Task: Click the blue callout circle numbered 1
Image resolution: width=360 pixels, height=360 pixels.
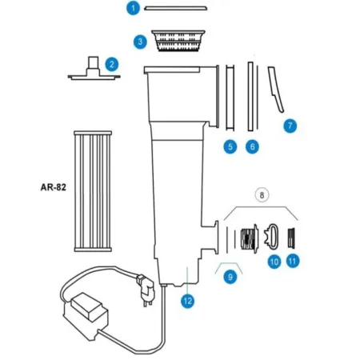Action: (x=134, y=9)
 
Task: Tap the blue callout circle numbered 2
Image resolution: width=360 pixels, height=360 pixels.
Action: (x=113, y=63)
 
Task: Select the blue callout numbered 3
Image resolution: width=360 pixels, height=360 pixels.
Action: (x=139, y=41)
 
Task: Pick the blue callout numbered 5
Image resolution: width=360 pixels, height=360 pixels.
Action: (x=230, y=146)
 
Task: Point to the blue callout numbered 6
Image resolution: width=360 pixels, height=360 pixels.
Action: (x=253, y=146)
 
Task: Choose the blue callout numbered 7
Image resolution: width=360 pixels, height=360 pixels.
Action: (x=290, y=126)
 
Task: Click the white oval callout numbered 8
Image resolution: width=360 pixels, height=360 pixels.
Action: (x=260, y=193)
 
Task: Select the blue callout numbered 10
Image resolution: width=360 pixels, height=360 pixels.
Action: (x=274, y=261)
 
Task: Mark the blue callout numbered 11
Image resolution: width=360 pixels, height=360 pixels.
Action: (x=293, y=261)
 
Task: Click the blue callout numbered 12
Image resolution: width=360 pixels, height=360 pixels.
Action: (x=187, y=301)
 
